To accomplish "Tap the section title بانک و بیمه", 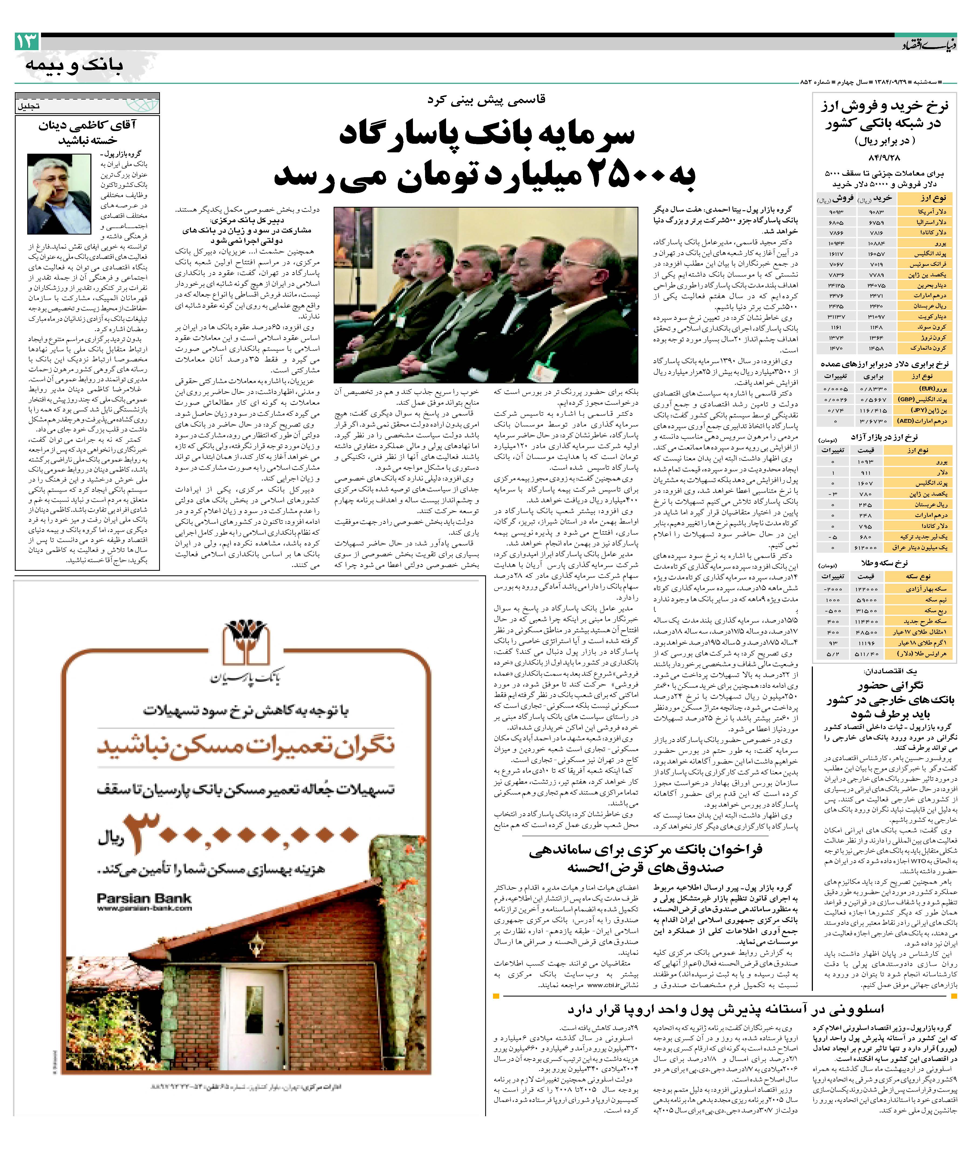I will (x=74, y=65).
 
